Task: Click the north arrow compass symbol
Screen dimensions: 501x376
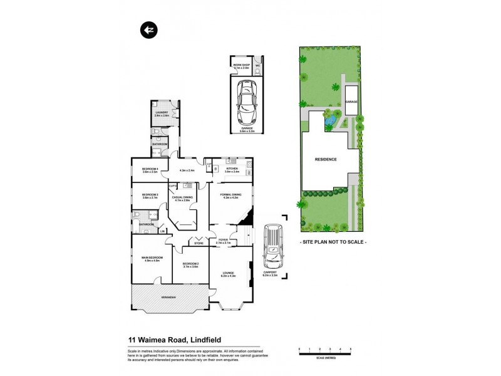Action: pos(148,29)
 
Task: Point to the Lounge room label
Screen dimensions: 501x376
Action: pos(227,273)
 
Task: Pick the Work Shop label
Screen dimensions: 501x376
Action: pos(242,66)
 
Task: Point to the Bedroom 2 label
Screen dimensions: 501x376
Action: pos(190,264)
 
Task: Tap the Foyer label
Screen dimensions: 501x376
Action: pos(223,241)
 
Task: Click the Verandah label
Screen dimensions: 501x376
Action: pos(167,296)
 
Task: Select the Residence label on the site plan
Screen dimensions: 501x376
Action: pos(326,159)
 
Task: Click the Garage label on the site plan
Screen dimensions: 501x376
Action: pos(353,102)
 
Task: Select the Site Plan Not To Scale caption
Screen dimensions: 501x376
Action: pos(333,241)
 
